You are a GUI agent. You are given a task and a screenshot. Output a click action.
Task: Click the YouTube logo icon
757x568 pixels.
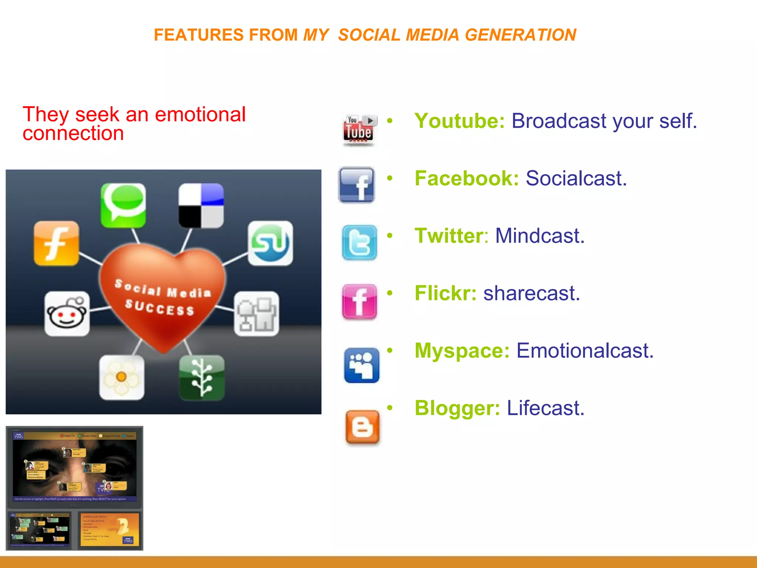[x=359, y=130]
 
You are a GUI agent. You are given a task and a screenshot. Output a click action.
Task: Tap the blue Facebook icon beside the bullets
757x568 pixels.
[x=357, y=185]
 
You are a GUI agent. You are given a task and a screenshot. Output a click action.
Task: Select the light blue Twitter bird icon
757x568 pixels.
[x=359, y=243]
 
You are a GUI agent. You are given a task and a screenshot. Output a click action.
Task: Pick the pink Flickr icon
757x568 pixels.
[x=359, y=301]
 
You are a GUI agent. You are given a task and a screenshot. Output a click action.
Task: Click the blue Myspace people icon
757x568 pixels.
[x=361, y=365]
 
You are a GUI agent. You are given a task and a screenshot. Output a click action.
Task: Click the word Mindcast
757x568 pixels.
[x=540, y=236]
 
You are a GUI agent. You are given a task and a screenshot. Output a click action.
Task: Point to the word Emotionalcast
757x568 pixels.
[x=585, y=351]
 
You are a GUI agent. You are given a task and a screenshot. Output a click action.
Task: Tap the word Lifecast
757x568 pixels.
[x=546, y=408]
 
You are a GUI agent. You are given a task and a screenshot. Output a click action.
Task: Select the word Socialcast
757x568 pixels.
[x=576, y=179]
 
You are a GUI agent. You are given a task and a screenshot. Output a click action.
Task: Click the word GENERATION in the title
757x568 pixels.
[x=520, y=35]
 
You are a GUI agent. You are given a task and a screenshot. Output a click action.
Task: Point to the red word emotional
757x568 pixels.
[x=200, y=114]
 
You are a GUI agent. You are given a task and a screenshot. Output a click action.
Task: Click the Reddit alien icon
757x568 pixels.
[x=67, y=314]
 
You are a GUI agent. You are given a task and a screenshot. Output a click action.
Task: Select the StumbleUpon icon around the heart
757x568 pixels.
[x=270, y=243]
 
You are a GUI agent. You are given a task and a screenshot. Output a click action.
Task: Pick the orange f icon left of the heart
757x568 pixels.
[x=56, y=243]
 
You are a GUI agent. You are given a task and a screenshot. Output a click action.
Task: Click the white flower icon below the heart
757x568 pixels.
[x=122, y=377]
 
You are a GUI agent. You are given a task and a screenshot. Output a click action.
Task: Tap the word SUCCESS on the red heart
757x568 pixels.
[x=160, y=308]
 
